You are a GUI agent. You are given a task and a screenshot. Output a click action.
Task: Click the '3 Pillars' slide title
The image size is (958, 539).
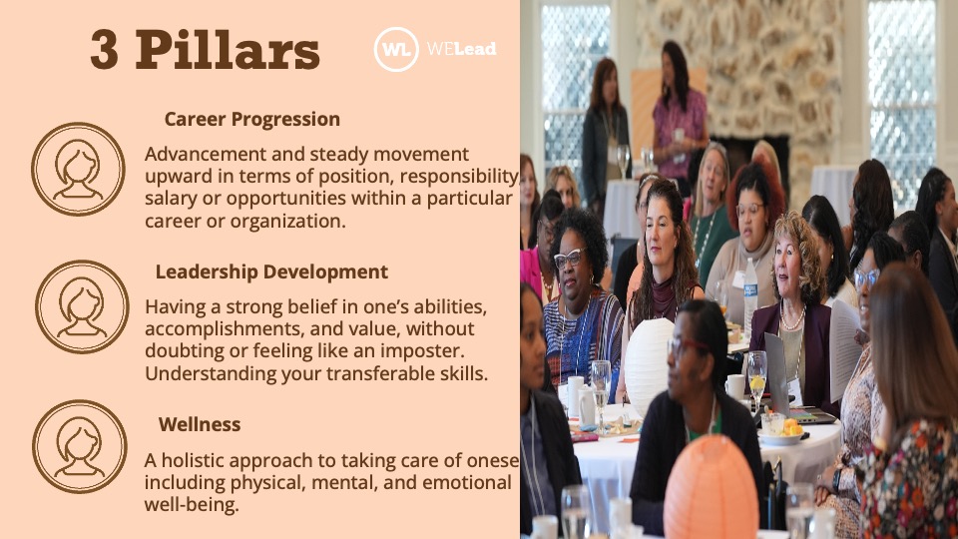click(205, 50)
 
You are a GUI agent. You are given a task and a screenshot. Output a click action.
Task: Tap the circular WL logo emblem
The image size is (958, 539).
click(395, 49)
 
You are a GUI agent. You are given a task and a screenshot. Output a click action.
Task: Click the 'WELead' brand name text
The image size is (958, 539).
click(461, 49)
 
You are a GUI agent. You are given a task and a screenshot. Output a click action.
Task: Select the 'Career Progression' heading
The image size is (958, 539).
click(251, 120)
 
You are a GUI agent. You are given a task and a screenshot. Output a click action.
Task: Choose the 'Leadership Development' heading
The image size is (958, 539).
click(271, 272)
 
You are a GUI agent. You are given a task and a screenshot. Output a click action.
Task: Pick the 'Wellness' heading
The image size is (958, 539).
click(200, 424)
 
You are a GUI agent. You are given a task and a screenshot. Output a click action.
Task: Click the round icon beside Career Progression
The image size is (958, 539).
click(78, 169)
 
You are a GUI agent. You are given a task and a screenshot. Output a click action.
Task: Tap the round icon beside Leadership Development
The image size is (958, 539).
click(82, 307)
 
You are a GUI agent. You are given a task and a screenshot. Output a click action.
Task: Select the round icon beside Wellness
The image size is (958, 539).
click(80, 446)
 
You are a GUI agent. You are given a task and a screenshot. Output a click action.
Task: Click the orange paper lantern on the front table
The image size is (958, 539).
click(711, 489)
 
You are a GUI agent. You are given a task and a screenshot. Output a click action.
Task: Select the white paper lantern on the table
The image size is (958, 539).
click(649, 353)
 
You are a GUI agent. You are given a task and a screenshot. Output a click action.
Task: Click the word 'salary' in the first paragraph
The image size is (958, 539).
click(174, 198)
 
